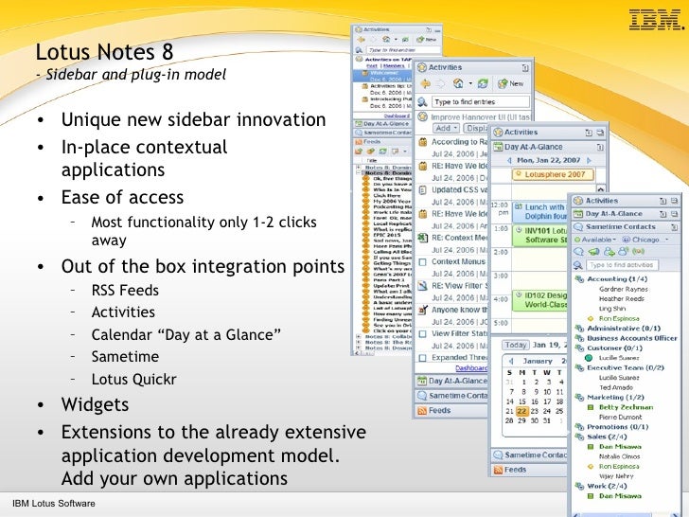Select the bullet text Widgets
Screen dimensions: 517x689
click(95, 404)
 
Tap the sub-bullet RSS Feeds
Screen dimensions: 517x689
click(125, 290)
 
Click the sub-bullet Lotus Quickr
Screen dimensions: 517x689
click(133, 380)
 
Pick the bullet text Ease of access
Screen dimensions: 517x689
click(122, 198)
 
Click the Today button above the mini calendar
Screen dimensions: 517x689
click(515, 345)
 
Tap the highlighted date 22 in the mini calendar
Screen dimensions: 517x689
click(522, 411)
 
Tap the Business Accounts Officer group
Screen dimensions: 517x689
click(631, 337)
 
